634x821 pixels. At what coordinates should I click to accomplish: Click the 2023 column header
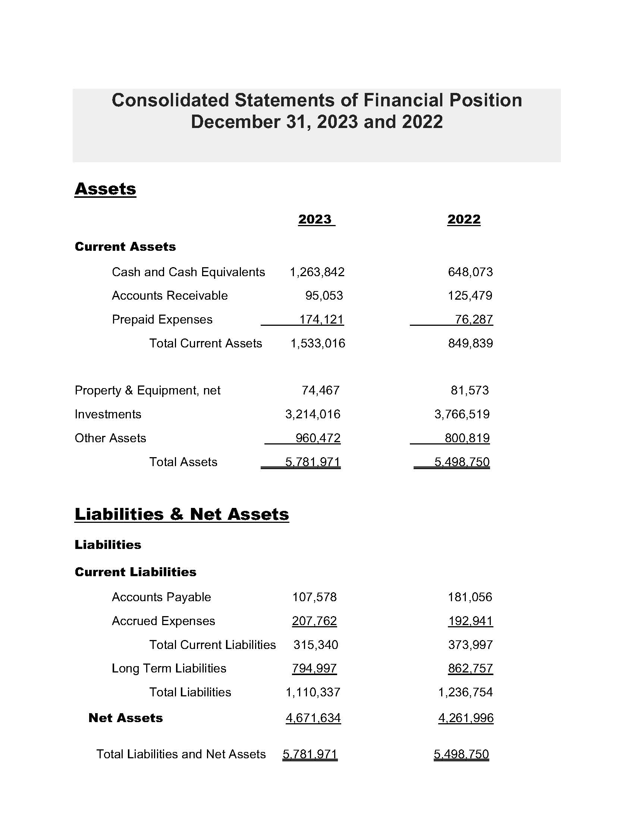[315, 219]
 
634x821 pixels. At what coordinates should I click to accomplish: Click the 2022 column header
[464, 219]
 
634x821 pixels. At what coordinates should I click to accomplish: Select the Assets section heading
[105, 189]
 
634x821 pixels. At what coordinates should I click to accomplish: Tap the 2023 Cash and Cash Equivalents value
[317, 272]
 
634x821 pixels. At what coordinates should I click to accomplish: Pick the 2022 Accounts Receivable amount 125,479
[470, 296]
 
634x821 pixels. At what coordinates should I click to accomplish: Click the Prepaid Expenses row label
[162, 319]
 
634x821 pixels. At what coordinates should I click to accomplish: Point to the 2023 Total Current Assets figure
[318, 343]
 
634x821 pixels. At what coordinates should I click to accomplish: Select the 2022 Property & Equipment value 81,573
[470, 390]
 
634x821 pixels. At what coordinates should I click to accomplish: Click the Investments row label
[108, 414]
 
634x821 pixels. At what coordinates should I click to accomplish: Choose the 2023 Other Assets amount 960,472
[318, 438]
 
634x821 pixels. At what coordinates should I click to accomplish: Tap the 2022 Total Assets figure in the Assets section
[462, 462]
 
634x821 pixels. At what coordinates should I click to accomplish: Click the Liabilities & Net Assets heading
[182, 514]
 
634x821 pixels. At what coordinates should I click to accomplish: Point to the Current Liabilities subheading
[135, 572]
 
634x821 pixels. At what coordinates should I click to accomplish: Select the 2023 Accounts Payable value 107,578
[314, 597]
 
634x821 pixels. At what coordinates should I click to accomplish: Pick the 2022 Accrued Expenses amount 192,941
[470, 621]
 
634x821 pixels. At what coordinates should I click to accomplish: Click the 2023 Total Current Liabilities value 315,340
[316, 645]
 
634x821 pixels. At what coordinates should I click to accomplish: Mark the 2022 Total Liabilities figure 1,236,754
[465, 692]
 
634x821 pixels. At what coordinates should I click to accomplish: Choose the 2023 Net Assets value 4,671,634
[313, 718]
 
